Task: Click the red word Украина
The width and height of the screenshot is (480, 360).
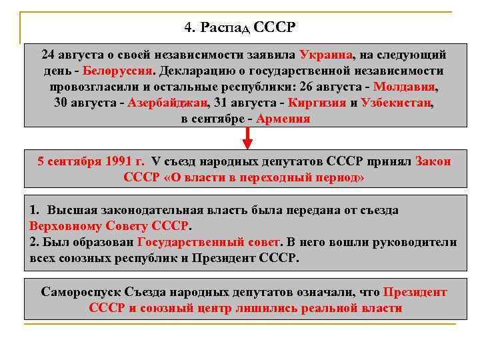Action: [x=326, y=55]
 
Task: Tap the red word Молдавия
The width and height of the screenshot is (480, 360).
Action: [x=405, y=87]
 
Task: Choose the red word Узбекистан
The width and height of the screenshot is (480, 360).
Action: [x=396, y=103]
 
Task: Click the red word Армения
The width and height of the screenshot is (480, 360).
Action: [x=283, y=119]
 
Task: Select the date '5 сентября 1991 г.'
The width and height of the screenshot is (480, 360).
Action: [x=91, y=161]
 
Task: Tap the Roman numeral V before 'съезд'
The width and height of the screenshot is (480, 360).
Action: [x=155, y=161]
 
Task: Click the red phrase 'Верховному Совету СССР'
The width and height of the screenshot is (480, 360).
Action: [x=109, y=225]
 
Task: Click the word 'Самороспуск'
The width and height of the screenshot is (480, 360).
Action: [x=79, y=292]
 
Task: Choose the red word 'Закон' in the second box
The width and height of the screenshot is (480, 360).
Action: [x=433, y=161]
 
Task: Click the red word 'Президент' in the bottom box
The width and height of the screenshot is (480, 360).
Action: [x=415, y=292]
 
